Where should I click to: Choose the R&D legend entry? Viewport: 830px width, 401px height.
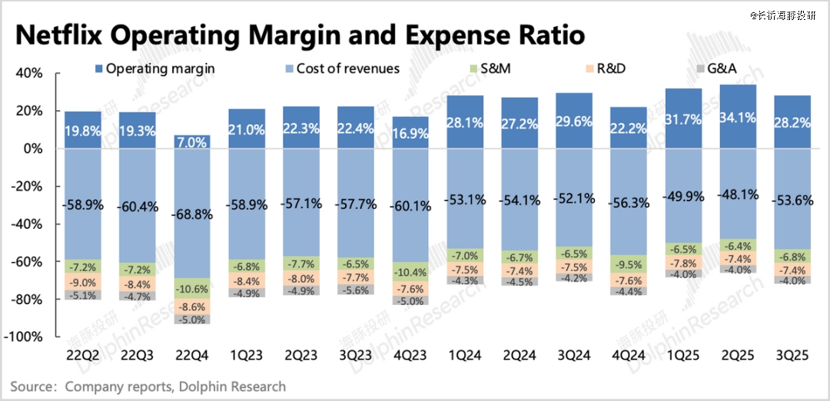(x=609, y=68)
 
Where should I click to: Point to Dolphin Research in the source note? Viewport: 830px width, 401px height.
(x=231, y=386)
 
